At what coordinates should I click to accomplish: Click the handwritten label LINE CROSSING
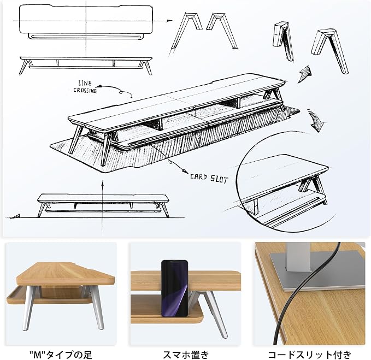coord(85,87)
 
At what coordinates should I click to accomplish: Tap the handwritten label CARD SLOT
coord(209,179)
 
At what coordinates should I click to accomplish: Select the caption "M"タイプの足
coord(61,355)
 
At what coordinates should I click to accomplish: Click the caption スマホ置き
coord(186,355)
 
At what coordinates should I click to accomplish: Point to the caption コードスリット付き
coord(310,355)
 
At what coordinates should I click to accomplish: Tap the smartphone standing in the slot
coord(175,288)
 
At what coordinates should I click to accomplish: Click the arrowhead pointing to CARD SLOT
coord(185,171)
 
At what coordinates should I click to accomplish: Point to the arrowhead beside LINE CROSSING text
coord(99,86)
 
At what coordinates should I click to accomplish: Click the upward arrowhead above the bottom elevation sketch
coord(102,184)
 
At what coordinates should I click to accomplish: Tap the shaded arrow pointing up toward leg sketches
coord(305,74)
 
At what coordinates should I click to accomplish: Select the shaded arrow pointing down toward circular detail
coord(316,121)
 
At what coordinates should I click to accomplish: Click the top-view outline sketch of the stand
coord(86,22)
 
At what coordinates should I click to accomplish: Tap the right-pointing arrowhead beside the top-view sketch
coord(170,21)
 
